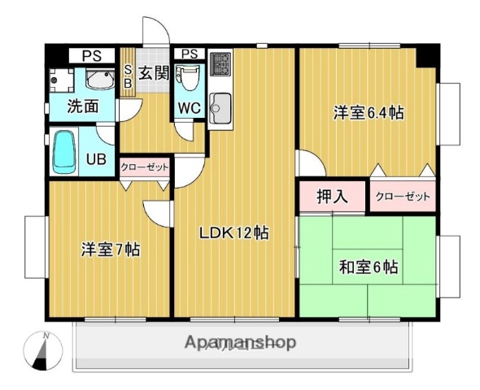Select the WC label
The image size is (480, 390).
[x=188, y=106]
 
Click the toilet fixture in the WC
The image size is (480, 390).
[x=189, y=79]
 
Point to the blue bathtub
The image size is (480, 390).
[x=64, y=151]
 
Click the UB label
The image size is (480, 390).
[x=96, y=159]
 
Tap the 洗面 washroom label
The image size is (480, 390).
[x=82, y=106]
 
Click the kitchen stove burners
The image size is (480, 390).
[x=220, y=65]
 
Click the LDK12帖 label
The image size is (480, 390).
[x=235, y=233]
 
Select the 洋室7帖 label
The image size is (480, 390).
[x=110, y=249]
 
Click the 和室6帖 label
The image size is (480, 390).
[x=368, y=266]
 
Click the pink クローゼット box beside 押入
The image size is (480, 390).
[x=402, y=196]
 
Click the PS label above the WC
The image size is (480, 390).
[x=189, y=54]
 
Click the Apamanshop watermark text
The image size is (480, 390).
[x=240, y=342]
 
